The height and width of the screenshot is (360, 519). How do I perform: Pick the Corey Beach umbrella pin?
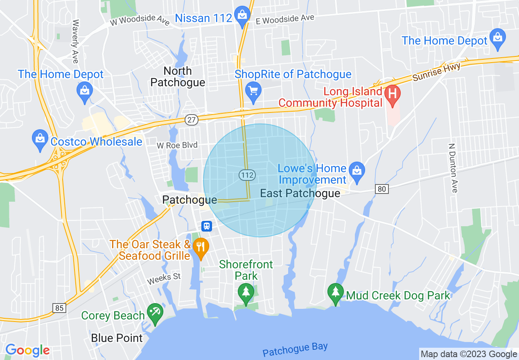[155, 313]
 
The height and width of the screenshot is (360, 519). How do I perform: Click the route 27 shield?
[192, 119]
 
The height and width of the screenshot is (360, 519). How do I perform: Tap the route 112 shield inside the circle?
[247, 175]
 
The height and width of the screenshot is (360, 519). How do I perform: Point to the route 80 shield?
[382, 189]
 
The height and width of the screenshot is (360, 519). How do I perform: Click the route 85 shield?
[59, 308]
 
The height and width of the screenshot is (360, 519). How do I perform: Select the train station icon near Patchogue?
[207, 226]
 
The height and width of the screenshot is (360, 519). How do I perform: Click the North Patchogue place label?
[178, 76]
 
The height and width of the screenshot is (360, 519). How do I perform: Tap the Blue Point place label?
[117, 338]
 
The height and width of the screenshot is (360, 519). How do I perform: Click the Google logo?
[27, 350]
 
